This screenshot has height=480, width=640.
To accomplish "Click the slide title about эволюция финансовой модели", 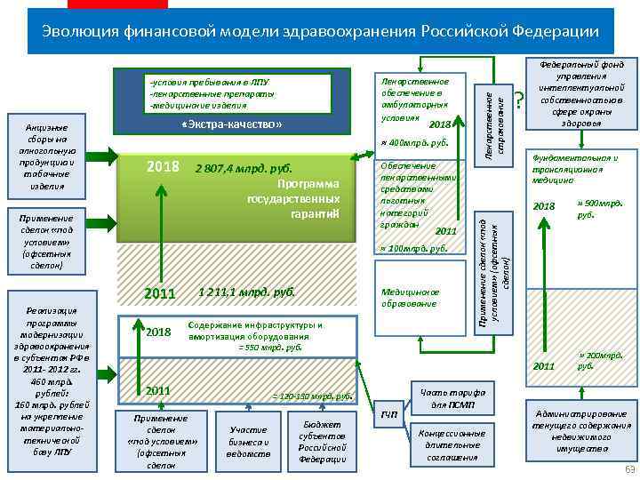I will tap(320, 32).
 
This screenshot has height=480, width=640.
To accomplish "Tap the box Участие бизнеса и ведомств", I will tap(248, 442).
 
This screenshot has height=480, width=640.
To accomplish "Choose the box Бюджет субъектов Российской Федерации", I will tap(323, 442).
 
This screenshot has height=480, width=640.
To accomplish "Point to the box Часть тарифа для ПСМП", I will tap(451, 398).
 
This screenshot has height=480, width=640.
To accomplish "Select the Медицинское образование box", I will tap(410, 298).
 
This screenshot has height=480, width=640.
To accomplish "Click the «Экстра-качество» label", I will tap(231, 124).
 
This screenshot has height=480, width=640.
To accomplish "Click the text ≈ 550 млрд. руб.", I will tap(271, 348).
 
